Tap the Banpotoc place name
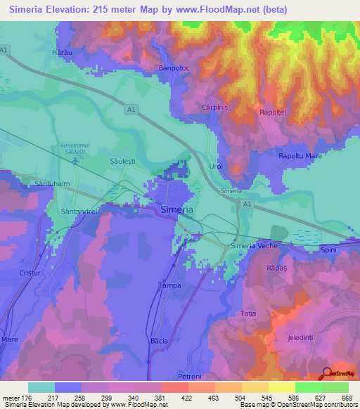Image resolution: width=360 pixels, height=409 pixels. pyautogui.click(x=175, y=68)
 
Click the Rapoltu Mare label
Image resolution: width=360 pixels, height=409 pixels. pyautogui.click(x=300, y=156)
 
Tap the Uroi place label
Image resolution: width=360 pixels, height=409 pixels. pyautogui.click(x=217, y=166)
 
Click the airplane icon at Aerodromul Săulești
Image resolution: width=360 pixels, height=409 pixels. pyautogui.click(x=75, y=160)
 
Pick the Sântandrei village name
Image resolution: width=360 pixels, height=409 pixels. pyautogui.click(x=80, y=211)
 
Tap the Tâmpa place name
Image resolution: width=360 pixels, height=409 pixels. pyautogui.click(x=169, y=285)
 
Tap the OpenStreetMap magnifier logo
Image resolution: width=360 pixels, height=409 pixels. pyautogui.click(x=327, y=372)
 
